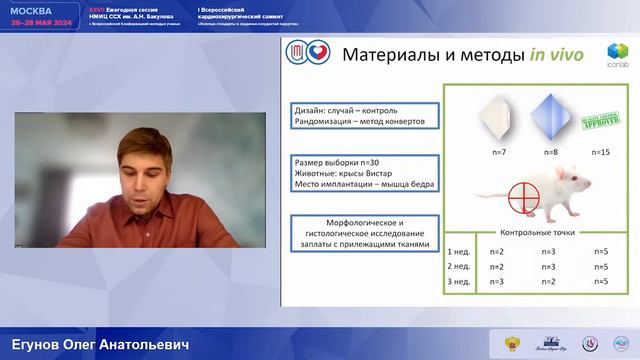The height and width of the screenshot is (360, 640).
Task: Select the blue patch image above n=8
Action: tap(547, 118)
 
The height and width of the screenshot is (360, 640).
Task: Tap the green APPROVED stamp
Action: tap(601, 117)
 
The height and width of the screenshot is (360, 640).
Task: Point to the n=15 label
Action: tap(601, 152)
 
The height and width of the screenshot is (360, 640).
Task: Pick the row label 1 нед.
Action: tap(459, 251)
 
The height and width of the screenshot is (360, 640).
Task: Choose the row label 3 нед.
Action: tap(459, 282)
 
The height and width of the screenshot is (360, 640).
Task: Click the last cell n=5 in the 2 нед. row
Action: tap(600, 267)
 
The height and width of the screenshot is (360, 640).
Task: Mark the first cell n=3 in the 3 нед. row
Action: tap(494, 282)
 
